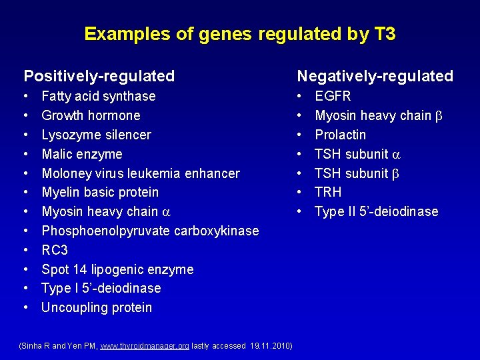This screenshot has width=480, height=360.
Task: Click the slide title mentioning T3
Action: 240,34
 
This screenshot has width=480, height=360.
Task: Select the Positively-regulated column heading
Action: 99,76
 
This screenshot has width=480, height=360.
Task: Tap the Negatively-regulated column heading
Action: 375,76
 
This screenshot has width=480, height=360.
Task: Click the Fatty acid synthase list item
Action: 99,97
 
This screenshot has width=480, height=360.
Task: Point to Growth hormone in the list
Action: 91,115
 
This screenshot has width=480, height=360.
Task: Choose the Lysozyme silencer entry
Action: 96,135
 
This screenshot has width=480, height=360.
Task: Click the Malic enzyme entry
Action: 82,154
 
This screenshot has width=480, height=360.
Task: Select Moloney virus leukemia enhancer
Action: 141,173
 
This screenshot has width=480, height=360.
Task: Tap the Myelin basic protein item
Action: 100,193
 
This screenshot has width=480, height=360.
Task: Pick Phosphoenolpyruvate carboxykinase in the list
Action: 150,231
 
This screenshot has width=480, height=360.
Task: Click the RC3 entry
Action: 55,250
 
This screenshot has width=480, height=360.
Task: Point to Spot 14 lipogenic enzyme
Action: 117,269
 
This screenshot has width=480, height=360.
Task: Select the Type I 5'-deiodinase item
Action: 101,288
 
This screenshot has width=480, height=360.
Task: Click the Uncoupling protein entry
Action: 97,307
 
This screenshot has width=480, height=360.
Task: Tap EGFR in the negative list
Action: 333,97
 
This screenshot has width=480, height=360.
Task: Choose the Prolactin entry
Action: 340,135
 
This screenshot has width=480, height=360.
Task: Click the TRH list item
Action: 328,193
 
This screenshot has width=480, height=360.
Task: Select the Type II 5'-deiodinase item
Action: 377,212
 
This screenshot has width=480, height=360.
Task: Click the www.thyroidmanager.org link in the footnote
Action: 144,346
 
